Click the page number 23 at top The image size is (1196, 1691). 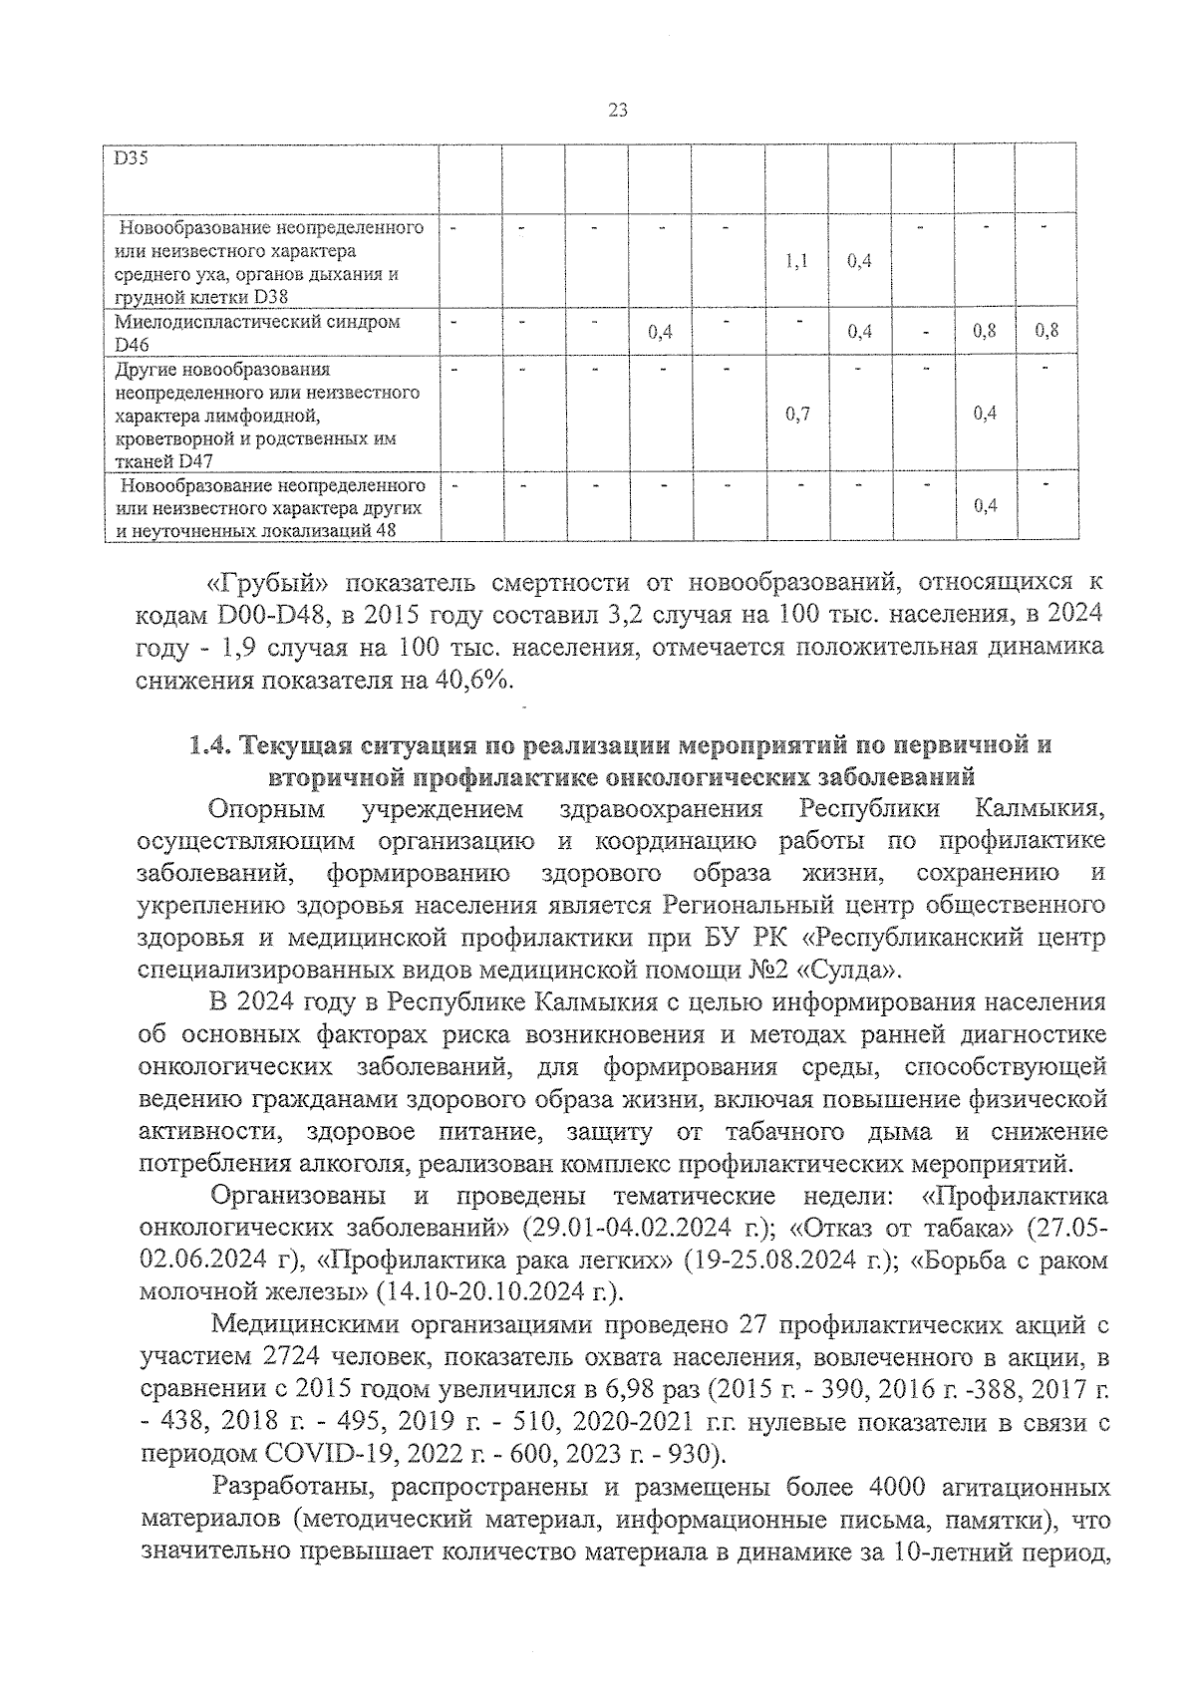click(x=616, y=112)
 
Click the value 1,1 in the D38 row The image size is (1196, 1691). click(x=795, y=261)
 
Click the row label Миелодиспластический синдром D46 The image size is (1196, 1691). click(x=257, y=333)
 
